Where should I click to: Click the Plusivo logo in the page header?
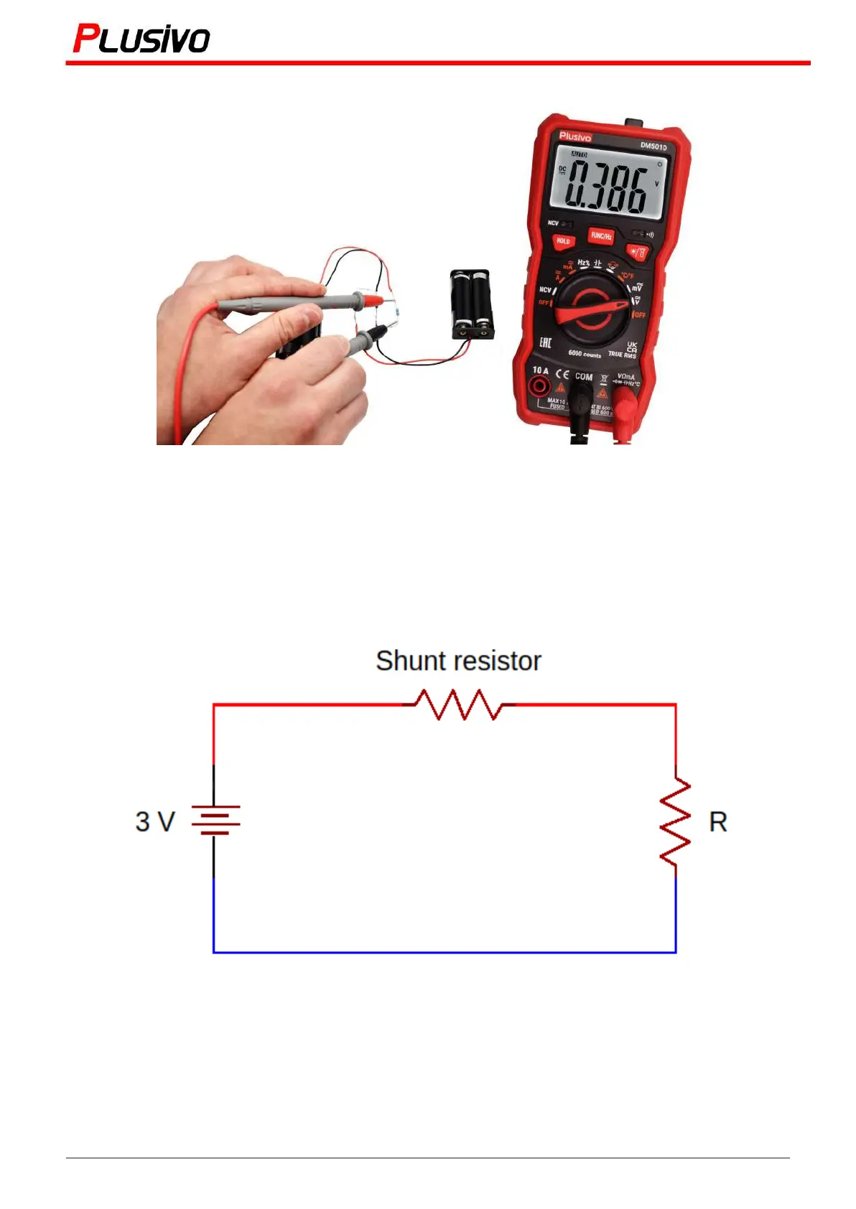point(141,39)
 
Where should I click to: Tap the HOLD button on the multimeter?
point(563,241)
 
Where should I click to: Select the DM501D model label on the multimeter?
point(653,146)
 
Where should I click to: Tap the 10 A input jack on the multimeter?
point(539,387)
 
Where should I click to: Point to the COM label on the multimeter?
point(584,376)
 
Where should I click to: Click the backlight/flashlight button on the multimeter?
point(637,252)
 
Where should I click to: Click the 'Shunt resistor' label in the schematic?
point(458,660)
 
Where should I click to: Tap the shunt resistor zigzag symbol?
point(458,704)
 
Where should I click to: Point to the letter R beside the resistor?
point(717,821)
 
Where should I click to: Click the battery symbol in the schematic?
point(215,820)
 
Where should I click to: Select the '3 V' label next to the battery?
point(155,821)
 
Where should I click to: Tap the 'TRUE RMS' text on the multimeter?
point(622,355)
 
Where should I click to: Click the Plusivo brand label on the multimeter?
point(575,136)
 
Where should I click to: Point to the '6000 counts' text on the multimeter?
point(585,354)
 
